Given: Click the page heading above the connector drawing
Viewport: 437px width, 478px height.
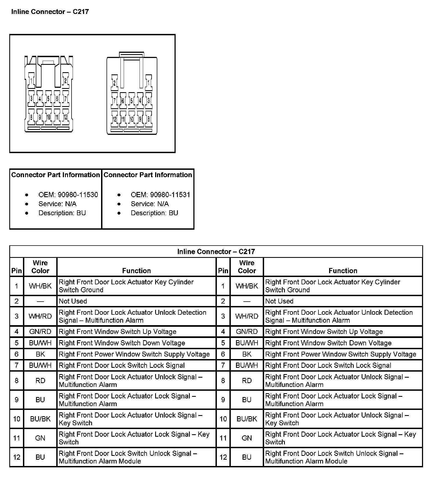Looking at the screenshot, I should click(x=50, y=12).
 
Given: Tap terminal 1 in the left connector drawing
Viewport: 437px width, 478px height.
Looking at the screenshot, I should click(x=32, y=81).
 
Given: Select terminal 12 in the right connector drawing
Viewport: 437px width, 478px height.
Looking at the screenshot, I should click(x=115, y=119).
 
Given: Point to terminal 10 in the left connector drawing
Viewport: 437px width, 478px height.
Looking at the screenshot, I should click(x=49, y=117).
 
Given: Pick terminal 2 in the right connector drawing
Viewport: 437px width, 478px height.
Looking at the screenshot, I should click(x=114, y=83).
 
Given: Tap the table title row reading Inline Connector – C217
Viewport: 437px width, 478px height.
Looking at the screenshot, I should click(x=216, y=252).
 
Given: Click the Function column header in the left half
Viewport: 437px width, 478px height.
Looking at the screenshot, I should click(x=136, y=270).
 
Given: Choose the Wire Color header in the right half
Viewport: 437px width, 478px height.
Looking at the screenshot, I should click(x=247, y=267).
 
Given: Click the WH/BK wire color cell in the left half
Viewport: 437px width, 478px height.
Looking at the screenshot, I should click(x=40, y=286).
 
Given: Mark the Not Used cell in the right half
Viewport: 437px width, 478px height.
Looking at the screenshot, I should click(x=279, y=301).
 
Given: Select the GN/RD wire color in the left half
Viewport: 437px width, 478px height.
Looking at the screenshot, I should click(x=40, y=332).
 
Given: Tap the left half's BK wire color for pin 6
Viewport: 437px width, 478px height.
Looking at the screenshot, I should click(x=40, y=354).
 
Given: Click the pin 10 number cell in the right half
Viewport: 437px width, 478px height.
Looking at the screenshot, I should click(x=223, y=419).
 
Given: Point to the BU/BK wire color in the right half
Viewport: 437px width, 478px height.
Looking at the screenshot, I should click(x=247, y=419).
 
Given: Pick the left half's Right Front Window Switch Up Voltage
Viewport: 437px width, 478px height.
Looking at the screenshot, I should click(x=117, y=332).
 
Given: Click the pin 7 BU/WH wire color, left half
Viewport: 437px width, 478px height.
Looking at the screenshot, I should click(x=40, y=365).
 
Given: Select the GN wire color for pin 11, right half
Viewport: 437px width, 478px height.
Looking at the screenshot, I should click(x=247, y=438).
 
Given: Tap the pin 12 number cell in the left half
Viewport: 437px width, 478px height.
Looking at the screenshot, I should click(x=17, y=457).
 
